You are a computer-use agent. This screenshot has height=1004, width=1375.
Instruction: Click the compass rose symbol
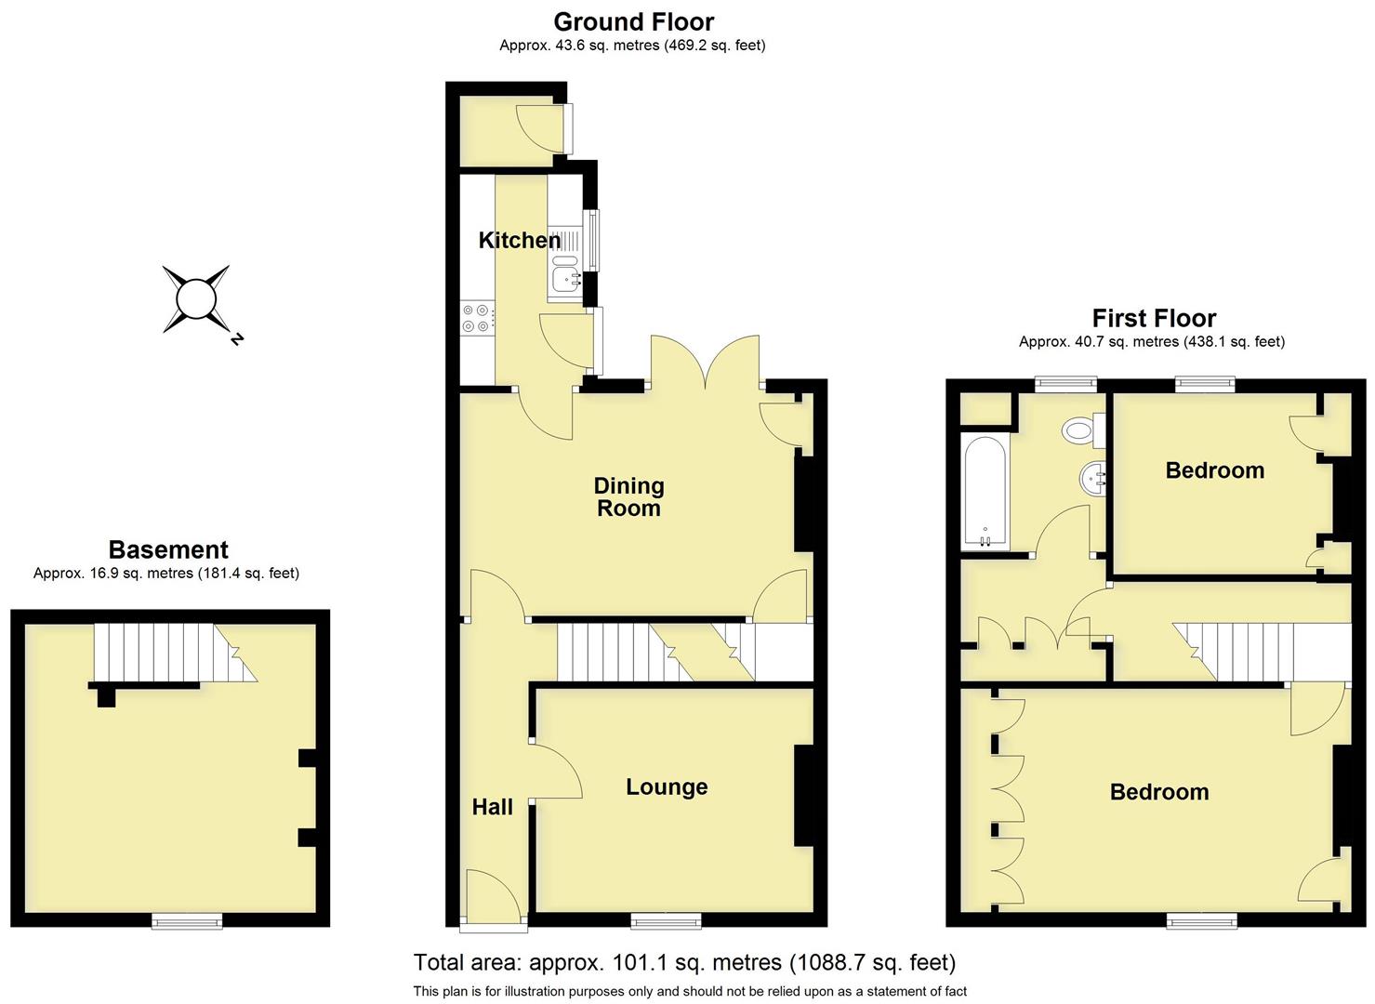(196, 299)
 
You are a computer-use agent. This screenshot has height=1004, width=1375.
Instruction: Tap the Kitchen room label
(519, 240)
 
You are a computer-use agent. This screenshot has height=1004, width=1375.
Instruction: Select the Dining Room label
(628, 496)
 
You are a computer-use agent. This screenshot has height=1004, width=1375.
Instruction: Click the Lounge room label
(667, 786)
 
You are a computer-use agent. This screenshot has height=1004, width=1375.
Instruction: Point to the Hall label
(492, 807)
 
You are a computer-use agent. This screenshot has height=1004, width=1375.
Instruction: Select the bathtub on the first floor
(985, 492)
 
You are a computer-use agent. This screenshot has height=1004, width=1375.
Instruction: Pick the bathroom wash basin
(1093, 480)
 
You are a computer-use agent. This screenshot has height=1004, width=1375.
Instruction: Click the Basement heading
(168, 549)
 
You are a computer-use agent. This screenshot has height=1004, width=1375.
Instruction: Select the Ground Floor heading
(633, 21)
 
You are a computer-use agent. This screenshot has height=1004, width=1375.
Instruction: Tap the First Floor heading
(1153, 319)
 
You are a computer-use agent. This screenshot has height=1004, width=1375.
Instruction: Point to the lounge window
(666, 920)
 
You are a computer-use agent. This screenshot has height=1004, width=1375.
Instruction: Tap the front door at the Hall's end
(493, 900)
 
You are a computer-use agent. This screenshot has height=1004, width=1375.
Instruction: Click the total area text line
(684, 962)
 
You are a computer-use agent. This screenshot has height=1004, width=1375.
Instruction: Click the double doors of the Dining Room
(706, 365)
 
